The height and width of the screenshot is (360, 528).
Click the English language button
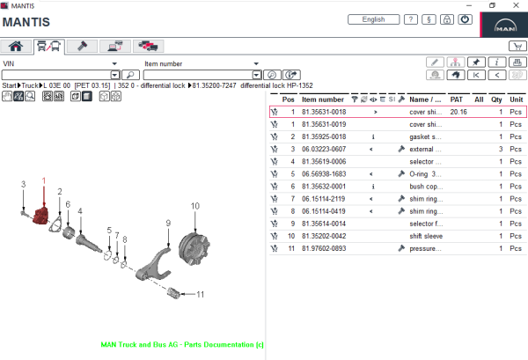coord(373,19)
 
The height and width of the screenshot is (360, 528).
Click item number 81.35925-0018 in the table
coord(323,137)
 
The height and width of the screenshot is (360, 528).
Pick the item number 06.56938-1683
coord(323,174)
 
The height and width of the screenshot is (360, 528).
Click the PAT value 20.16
coord(458,113)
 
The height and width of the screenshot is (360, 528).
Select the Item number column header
coord(323,99)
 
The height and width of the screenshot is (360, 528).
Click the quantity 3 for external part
coord(501,150)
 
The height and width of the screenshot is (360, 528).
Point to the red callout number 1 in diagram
coord(43,180)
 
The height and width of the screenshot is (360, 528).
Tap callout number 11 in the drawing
coord(200,294)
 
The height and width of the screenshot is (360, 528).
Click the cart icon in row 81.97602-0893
coord(275,248)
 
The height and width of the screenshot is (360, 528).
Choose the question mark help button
coord(410,19)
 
